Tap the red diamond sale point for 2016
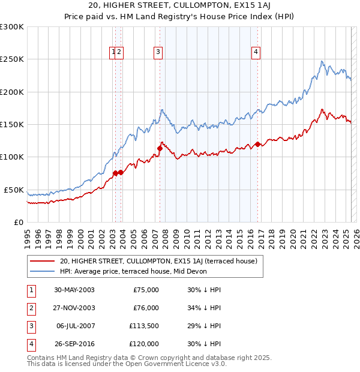[x=257, y=144]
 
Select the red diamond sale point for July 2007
[x=160, y=148]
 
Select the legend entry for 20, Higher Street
[x=158, y=261]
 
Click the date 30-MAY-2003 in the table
[x=74, y=290]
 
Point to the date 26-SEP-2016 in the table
[x=74, y=344]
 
